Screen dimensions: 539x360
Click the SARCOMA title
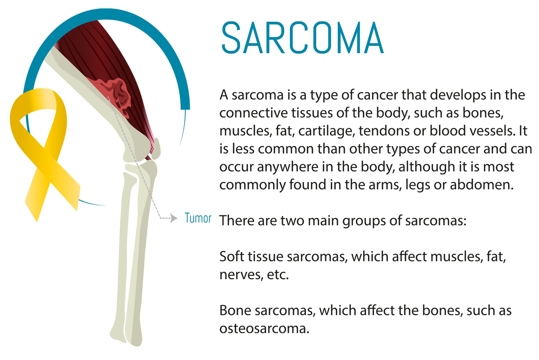[302, 38]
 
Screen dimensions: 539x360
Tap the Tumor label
[198, 218]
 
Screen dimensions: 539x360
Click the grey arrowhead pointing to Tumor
[174, 218]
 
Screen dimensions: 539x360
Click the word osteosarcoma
[264, 328]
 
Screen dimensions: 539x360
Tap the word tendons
[381, 130]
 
